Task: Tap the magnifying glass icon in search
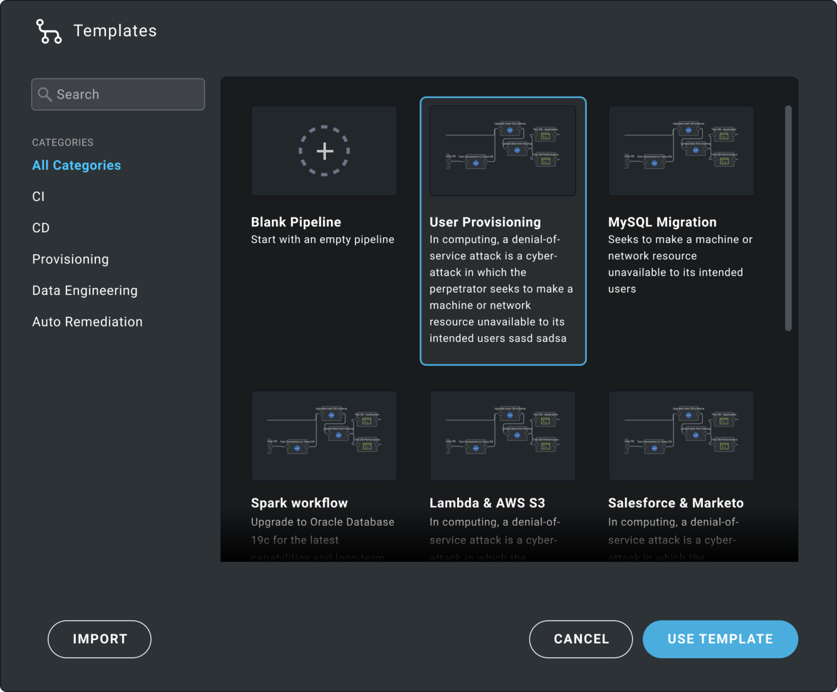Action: click(45, 94)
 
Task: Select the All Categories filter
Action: click(76, 165)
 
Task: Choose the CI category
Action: click(38, 196)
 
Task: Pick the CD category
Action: click(41, 228)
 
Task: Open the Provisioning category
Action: click(70, 259)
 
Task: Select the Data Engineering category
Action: click(85, 291)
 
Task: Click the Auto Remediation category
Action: click(87, 322)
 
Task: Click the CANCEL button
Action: click(581, 639)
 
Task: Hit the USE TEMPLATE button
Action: click(720, 639)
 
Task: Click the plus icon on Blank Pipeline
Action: click(324, 151)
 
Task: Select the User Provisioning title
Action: click(485, 222)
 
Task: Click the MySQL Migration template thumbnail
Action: click(681, 151)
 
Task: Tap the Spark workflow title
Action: click(299, 503)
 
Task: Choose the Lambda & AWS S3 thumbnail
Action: click(502, 436)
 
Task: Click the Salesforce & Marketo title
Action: click(676, 503)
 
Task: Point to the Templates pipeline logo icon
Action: click(48, 31)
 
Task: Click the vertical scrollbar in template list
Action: click(788, 218)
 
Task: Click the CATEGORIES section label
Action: click(63, 142)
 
